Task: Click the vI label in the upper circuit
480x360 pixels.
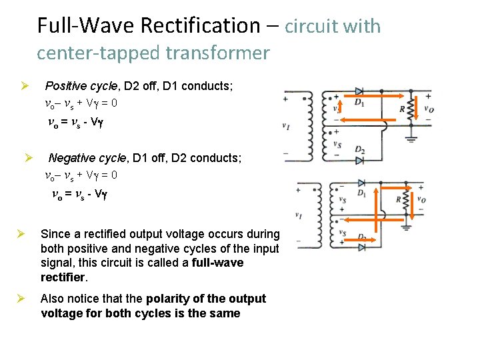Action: [286, 125]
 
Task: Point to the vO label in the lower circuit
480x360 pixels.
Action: [421, 199]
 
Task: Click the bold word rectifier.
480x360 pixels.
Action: [63, 277]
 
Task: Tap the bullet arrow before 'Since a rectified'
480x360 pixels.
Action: [21, 234]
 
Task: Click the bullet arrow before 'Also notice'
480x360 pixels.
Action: [21, 298]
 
